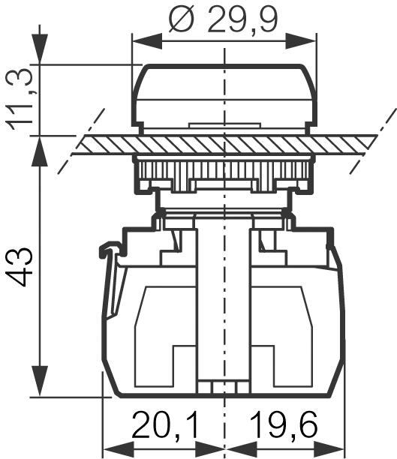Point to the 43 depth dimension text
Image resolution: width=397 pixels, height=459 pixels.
21,265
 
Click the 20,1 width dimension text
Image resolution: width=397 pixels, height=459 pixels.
165,426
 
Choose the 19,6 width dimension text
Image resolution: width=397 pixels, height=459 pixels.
286,426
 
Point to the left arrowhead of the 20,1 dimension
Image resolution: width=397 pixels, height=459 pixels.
109,443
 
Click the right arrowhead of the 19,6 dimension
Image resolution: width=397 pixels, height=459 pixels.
338,443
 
